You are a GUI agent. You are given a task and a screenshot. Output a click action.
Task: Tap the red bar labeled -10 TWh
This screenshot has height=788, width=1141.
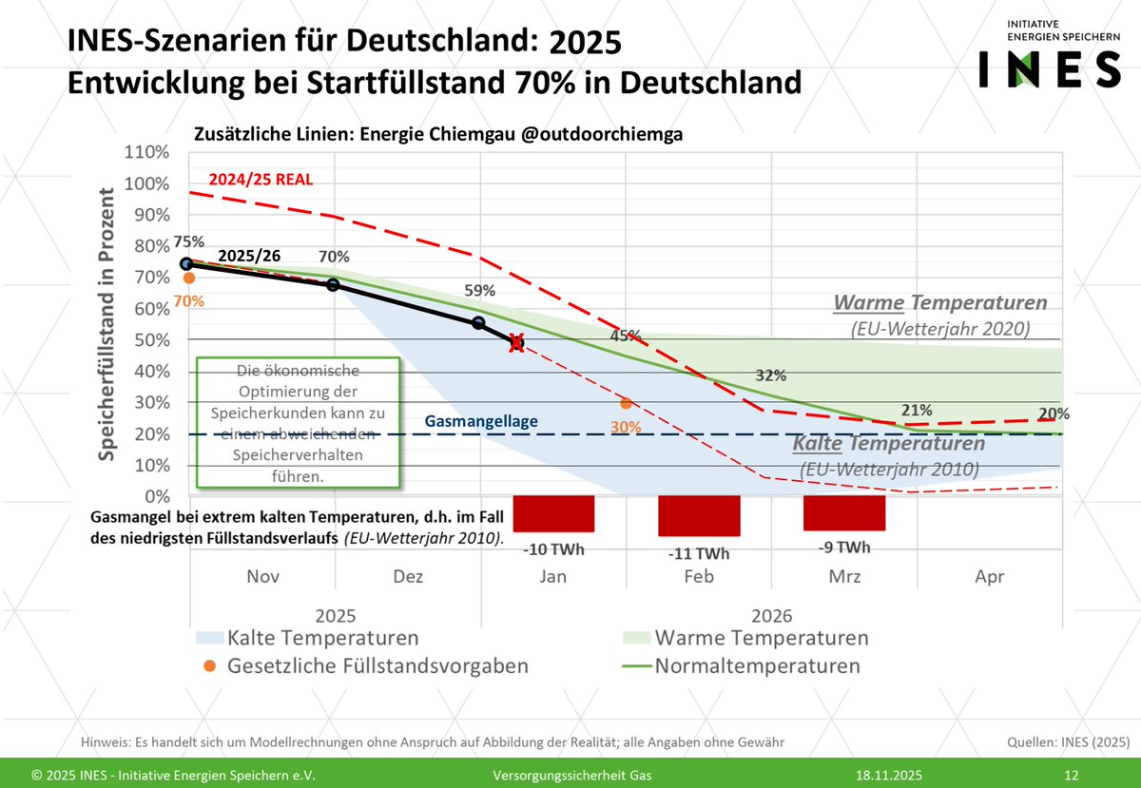point(553,513)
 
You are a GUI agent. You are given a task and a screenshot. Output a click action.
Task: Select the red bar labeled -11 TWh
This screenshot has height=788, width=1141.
point(699,515)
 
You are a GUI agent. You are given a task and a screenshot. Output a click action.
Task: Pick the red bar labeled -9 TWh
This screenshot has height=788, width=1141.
point(844,512)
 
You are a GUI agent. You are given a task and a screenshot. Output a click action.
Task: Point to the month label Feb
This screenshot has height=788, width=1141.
point(699,577)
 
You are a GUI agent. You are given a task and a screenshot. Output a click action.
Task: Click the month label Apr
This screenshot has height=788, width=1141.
point(990,577)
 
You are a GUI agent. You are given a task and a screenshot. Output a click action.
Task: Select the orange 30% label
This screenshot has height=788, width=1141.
point(626,427)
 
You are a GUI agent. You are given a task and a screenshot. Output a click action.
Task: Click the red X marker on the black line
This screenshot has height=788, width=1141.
point(516,343)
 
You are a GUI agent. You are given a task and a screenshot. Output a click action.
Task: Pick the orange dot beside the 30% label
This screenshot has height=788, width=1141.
point(626,403)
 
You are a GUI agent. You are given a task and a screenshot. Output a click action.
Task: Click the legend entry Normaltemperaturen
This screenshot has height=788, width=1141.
point(757,665)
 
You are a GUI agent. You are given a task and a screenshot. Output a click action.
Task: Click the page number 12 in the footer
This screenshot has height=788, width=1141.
point(1072,774)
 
